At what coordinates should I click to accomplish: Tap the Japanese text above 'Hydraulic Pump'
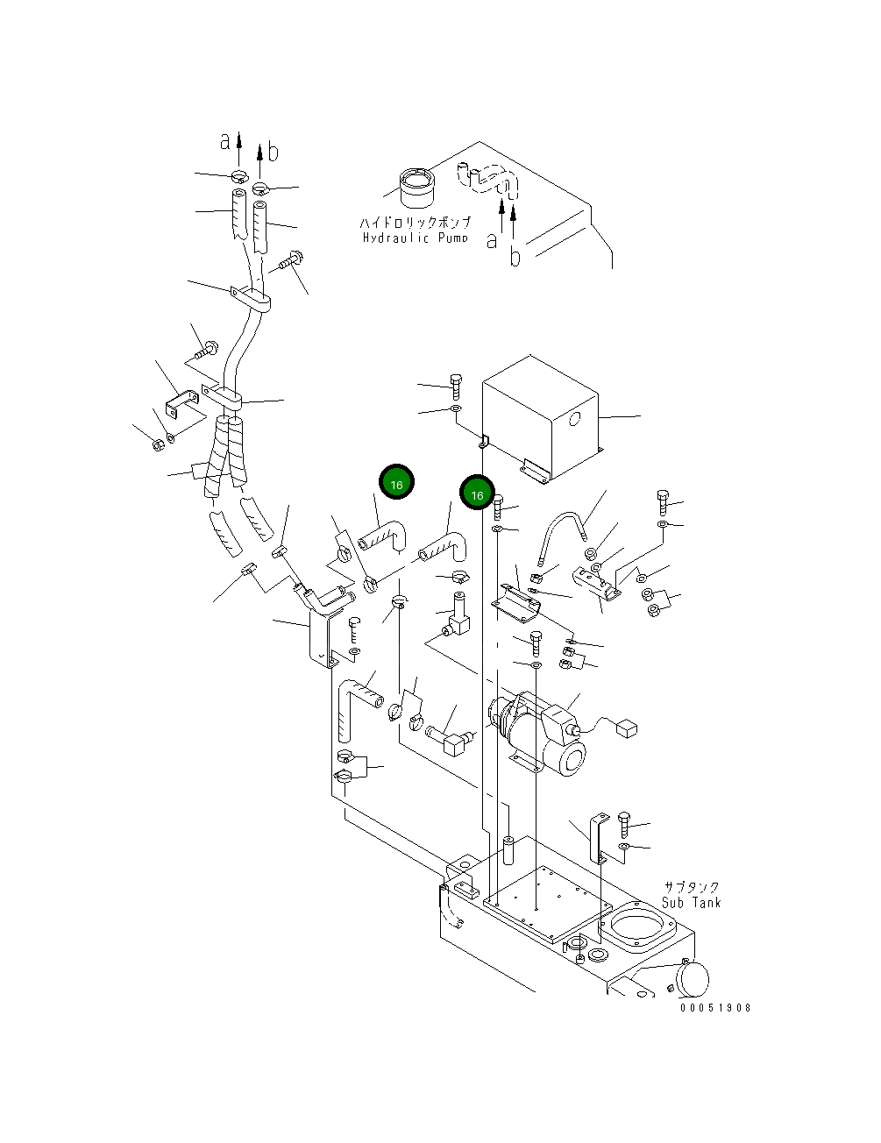point(416,223)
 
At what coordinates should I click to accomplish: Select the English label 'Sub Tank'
point(692,902)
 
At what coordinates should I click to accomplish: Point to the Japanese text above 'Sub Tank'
point(692,887)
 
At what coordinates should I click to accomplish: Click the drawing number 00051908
point(715,1008)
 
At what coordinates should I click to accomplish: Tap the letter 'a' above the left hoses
point(225,140)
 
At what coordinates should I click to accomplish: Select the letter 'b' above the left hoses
point(274,153)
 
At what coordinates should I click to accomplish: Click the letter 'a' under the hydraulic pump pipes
point(492,239)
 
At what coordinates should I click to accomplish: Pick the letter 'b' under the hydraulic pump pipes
point(515,257)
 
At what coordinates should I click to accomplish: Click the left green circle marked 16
point(396,484)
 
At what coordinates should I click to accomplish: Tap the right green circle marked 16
point(478,495)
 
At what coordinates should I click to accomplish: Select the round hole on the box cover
point(574,420)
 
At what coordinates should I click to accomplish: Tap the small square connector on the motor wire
point(627,727)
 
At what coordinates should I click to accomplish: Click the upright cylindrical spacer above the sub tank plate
point(508,850)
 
